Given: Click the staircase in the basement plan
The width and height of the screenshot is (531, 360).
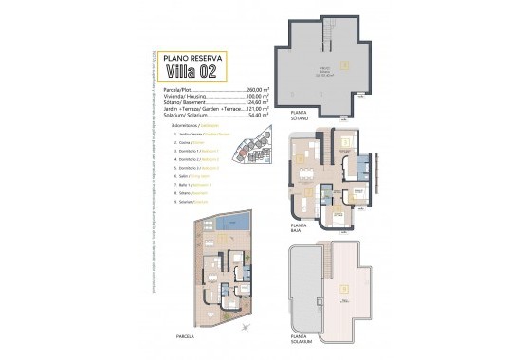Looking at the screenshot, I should click(x=328, y=36).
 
